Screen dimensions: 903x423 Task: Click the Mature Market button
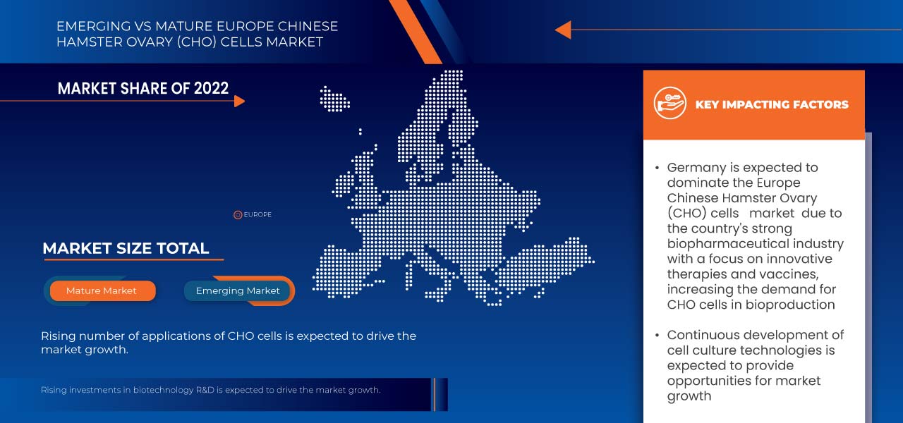(102, 290)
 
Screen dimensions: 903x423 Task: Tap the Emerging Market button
(238, 290)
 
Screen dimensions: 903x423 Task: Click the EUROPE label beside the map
(257, 215)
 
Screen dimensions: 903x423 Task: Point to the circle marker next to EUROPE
(238, 215)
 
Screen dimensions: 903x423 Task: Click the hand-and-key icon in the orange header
(669, 103)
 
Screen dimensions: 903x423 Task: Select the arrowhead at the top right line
(563, 30)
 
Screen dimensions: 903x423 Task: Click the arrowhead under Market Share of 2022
(239, 101)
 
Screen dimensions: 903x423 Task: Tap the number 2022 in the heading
(211, 88)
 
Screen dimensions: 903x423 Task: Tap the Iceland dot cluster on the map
(334, 99)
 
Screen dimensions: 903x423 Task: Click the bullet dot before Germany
(657, 168)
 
